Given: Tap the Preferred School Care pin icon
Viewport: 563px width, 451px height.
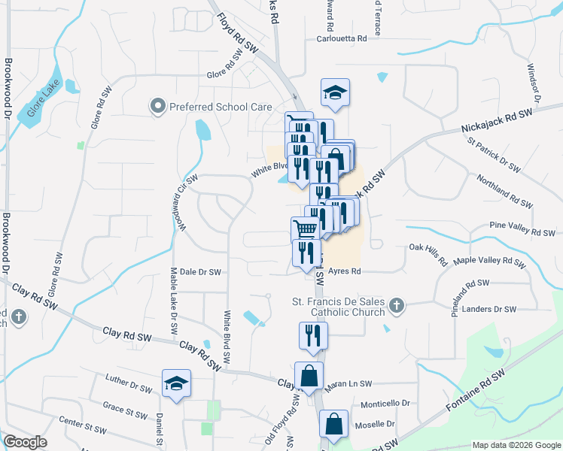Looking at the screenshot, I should tap(158, 107).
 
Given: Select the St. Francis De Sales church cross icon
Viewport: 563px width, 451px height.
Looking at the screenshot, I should tap(397, 304).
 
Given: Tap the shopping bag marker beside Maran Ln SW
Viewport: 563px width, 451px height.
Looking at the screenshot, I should tap(309, 377).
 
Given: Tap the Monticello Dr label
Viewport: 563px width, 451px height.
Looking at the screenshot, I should tap(385, 404).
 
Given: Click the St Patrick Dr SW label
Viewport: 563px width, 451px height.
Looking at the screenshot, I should tap(494, 154).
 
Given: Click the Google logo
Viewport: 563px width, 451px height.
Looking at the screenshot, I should tap(25, 442).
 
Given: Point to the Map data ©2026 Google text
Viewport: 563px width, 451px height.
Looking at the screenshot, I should tap(516, 445).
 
